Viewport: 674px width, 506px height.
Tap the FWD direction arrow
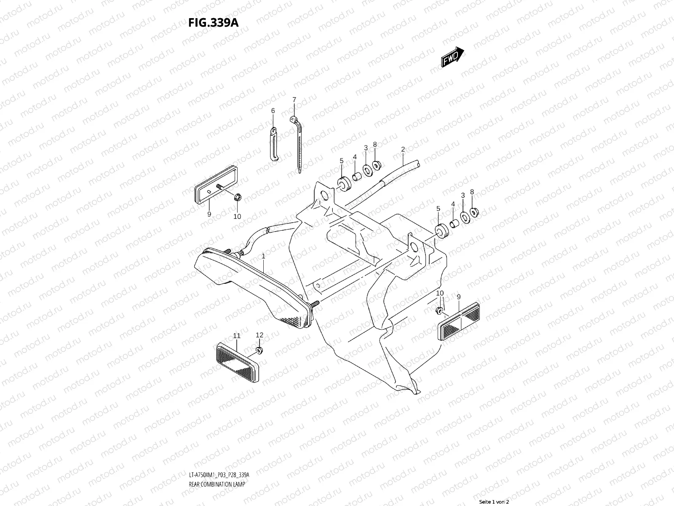(x=452, y=57)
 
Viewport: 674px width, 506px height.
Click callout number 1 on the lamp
(x=263, y=256)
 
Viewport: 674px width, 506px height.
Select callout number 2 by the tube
(x=403, y=149)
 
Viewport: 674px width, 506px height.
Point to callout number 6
(x=273, y=110)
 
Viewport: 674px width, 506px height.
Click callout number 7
(x=294, y=100)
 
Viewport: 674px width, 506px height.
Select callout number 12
(x=259, y=335)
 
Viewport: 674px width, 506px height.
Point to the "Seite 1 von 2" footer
(x=494, y=502)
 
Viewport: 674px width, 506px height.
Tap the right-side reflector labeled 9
(x=460, y=322)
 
